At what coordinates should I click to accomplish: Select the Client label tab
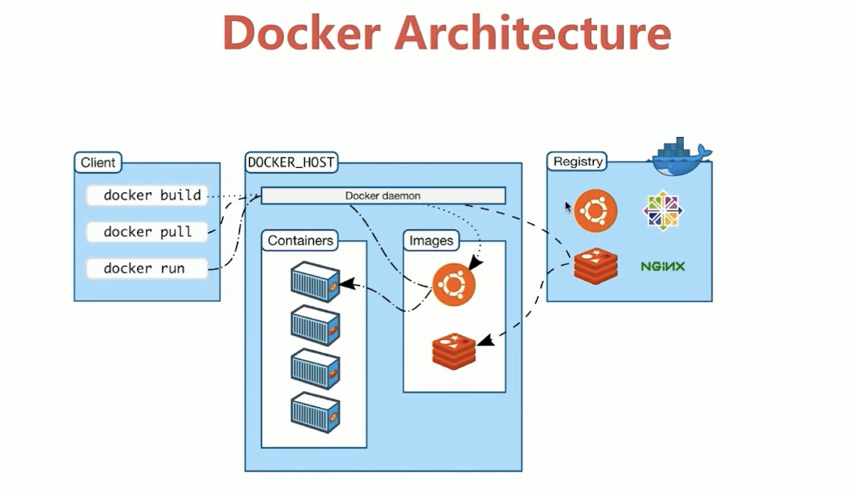pos(97,162)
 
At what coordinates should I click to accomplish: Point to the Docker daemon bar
pos(383,196)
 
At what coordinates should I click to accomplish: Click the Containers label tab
pos(300,240)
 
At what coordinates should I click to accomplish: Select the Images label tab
pos(431,240)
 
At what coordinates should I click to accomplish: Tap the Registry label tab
pos(578,161)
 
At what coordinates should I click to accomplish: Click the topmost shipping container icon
pos(316,282)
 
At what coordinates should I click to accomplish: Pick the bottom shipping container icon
pos(316,412)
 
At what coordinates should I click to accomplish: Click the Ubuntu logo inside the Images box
pos(453,285)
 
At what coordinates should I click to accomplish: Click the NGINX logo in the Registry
pos(663,266)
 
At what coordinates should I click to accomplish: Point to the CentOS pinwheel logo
pos(663,210)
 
